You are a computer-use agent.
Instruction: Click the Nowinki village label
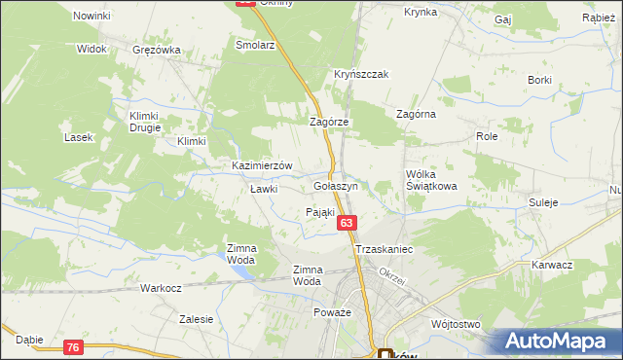coord(92,17)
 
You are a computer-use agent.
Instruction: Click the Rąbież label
coord(597,18)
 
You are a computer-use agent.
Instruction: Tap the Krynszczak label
coord(361,75)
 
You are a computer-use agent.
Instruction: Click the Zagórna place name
coord(416,114)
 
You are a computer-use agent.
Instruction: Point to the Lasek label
coord(78,137)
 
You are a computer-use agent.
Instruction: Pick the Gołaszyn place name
coord(337,185)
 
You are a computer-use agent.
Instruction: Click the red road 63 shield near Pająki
coord(347,224)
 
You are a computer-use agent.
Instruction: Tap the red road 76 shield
coord(74,347)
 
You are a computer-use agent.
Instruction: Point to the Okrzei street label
coord(390,271)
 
